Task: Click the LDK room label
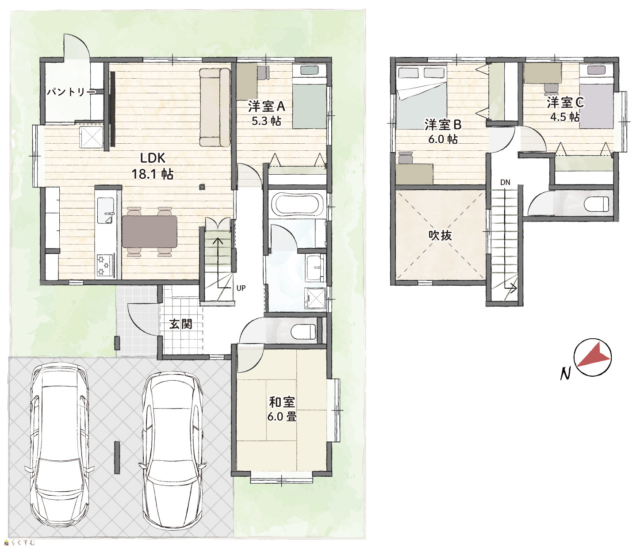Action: [x=152, y=158]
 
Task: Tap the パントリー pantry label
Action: [x=71, y=92]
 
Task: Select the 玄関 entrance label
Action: [x=181, y=324]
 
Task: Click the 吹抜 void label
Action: [x=440, y=236]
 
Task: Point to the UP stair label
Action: [x=241, y=288]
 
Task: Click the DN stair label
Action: [x=505, y=183]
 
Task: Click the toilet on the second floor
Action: [x=596, y=204]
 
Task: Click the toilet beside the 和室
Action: [x=303, y=332]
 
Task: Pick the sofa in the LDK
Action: [x=215, y=107]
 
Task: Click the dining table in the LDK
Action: [x=149, y=232]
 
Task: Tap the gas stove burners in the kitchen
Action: [x=105, y=265]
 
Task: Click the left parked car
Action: [x=59, y=442]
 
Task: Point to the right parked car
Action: [x=172, y=450]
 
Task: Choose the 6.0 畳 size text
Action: [x=282, y=417]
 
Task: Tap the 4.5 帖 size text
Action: [x=565, y=117]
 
